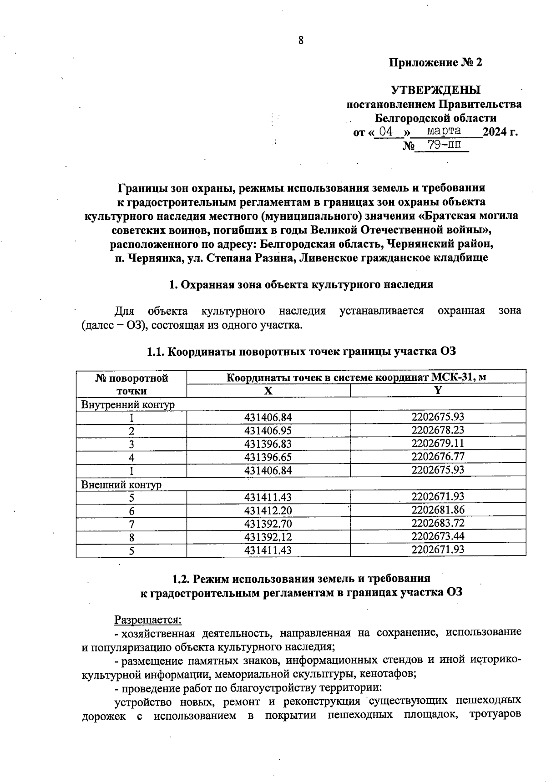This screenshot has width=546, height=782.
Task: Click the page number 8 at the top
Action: click(x=301, y=40)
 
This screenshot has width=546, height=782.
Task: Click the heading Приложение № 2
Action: click(x=435, y=62)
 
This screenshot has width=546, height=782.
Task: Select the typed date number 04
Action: click(x=386, y=131)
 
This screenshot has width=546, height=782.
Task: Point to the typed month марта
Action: click(x=444, y=131)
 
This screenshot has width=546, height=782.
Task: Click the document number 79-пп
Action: click(x=441, y=145)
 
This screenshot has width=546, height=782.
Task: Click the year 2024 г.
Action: click(x=500, y=132)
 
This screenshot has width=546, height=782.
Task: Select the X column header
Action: click(x=268, y=391)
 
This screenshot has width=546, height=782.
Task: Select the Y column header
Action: click(x=438, y=390)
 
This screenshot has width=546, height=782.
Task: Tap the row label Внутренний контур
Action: click(x=127, y=404)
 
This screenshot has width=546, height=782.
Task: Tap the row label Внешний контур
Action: click(x=121, y=484)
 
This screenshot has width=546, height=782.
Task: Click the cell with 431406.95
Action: click(x=268, y=431)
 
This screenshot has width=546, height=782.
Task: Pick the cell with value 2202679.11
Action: click(x=438, y=443)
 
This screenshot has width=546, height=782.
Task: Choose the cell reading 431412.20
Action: click(x=268, y=511)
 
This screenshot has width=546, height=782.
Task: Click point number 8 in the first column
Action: click(x=131, y=537)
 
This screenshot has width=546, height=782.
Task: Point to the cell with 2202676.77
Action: click(x=438, y=456)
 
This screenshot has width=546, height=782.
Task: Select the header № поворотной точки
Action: click(x=131, y=384)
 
